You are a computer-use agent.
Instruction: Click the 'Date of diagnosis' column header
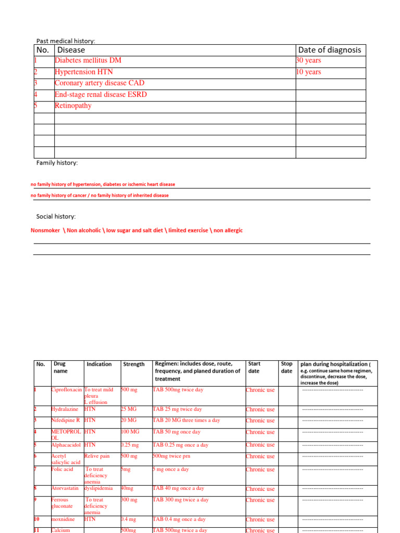[329, 50]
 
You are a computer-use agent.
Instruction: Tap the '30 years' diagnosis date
[308, 61]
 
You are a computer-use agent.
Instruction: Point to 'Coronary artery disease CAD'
[99, 83]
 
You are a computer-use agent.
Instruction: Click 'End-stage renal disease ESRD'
[101, 94]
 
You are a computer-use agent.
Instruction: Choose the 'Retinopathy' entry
[73, 106]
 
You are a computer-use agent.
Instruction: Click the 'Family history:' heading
[57, 163]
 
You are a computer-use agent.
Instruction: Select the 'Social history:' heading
[56, 216]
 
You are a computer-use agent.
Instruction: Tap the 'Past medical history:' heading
[66, 41]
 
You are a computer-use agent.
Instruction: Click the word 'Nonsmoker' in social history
[45, 230]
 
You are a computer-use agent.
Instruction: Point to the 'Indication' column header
[99, 364]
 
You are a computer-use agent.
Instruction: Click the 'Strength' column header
[134, 364]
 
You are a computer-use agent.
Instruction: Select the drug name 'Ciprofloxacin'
[67, 390]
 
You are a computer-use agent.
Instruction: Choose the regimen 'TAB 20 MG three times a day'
[186, 421]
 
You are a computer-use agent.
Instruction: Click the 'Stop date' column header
[286, 367]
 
